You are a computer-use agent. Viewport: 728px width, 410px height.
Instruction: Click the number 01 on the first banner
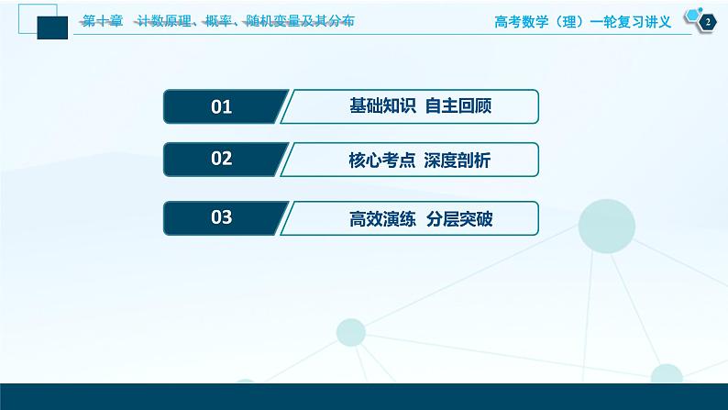click(221, 107)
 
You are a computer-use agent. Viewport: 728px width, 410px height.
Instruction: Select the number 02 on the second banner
click(221, 160)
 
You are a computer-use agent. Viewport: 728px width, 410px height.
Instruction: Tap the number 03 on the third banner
click(221, 218)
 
